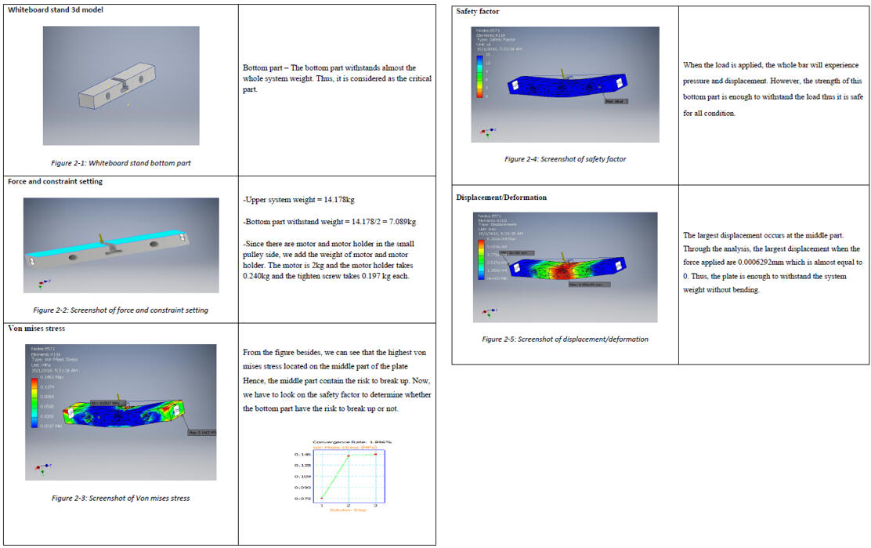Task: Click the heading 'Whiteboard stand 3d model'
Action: pos(55,9)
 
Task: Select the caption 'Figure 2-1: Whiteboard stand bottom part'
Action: pos(121,163)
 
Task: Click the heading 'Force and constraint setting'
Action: pos(55,181)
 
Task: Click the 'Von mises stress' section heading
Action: pos(36,328)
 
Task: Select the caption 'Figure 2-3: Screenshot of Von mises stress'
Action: pos(121,498)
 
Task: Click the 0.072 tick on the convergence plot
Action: pos(302,499)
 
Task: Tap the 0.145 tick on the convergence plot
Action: pos(302,454)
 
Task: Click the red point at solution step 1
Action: pos(322,498)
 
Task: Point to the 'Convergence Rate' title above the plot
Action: pos(352,441)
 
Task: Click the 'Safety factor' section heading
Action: pos(477,12)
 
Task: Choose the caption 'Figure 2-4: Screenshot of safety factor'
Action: pos(565,159)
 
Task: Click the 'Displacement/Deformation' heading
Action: pos(501,198)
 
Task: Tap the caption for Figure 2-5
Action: pos(565,339)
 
